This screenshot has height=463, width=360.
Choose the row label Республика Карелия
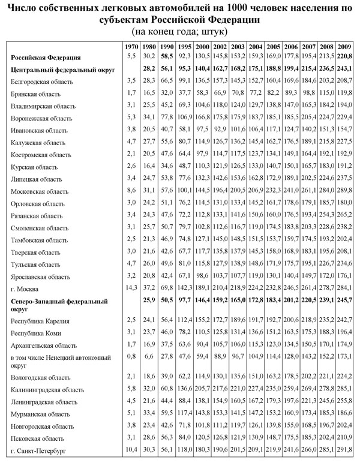pos(37,321)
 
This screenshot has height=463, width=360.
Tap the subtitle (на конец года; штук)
pos(179,30)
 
